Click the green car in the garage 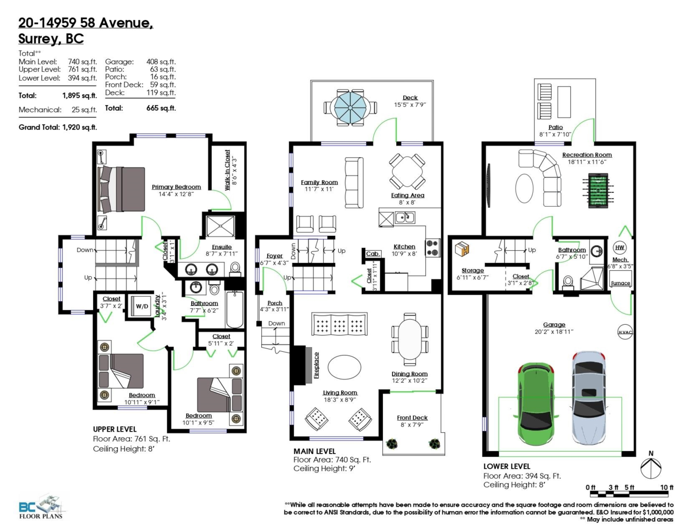click(x=536, y=403)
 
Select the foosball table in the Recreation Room click(x=598, y=191)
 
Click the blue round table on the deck click(x=350, y=107)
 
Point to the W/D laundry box click(x=142, y=306)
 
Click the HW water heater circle click(x=620, y=248)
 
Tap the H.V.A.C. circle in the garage click(x=625, y=332)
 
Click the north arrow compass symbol click(x=651, y=468)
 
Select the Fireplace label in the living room click(x=316, y=365)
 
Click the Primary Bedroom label click(x=176, y=187)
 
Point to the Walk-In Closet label click(x=227, y=170)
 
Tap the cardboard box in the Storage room click(x=462, y=248)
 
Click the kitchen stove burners click(x=433, y=248)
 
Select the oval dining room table click(x=411, y=339)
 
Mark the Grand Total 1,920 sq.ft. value click(x=80, y=127)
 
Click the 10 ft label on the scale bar click(x=667, y=487)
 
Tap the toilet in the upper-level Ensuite click(x=235, y=268)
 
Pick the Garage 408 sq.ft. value click(x=161, y=62)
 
